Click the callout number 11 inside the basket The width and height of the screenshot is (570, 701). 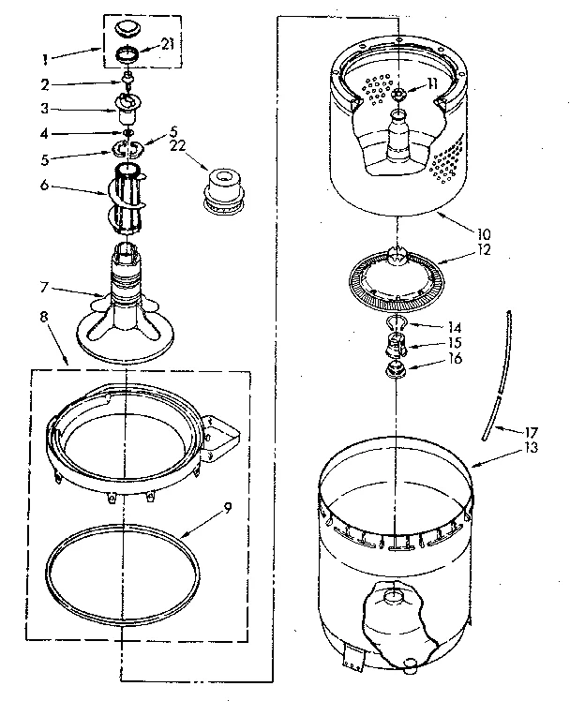pos(432,84)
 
